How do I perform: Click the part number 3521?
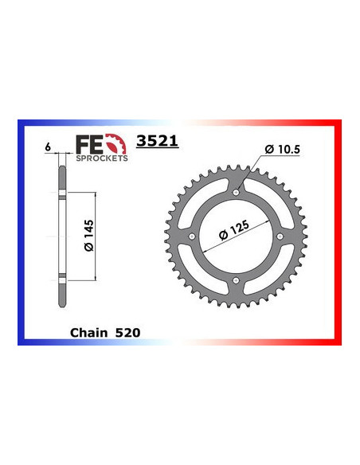coord(159,143)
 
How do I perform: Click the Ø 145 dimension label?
coord(88,236)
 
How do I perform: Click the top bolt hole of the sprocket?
coord(237,192)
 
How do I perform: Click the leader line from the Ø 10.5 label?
coord(250,170)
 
